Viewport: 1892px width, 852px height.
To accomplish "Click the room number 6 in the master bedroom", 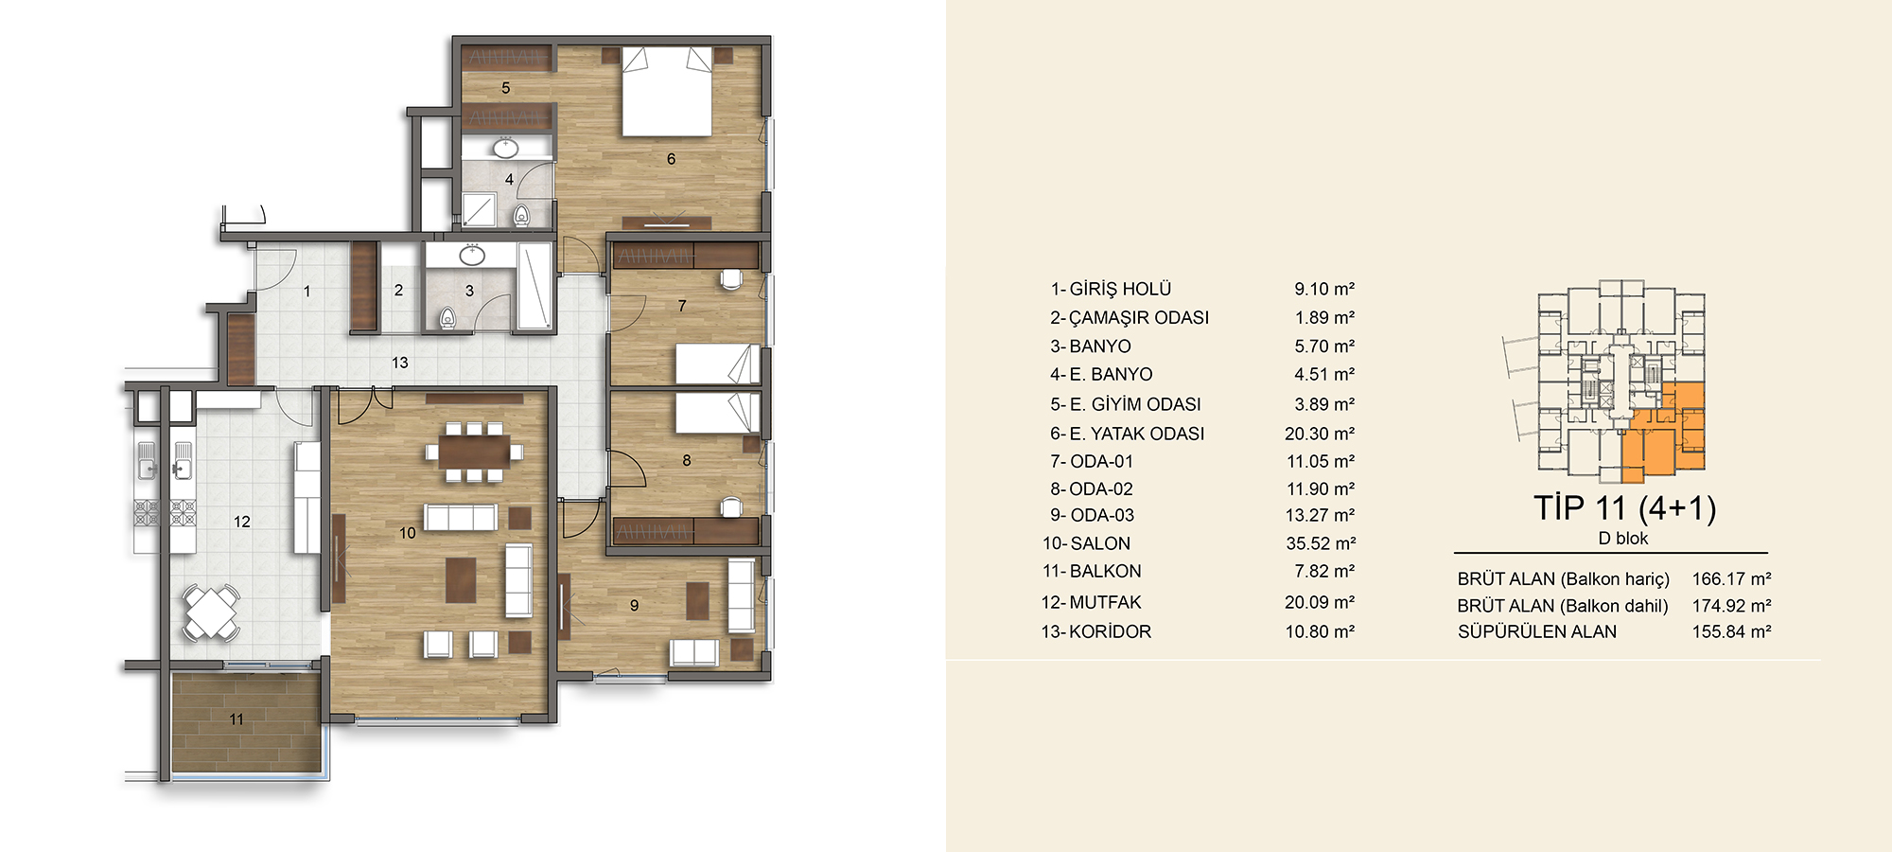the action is [671, 159].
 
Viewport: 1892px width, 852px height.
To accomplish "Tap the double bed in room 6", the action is [667, 91].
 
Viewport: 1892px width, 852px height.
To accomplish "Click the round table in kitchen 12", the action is [211, 612].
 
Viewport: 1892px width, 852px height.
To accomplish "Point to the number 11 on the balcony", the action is [236, 719].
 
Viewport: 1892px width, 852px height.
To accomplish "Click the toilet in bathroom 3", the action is [447, 318].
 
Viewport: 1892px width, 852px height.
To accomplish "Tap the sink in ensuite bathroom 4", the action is [506, 148].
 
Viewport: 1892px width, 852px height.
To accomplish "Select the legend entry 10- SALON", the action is [1086, 543].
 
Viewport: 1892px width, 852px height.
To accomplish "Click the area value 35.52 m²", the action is [1321, 543].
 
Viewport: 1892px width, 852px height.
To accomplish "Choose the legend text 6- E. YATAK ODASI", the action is [1127, 434].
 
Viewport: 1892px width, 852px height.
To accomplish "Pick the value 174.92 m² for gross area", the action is [1731, 606].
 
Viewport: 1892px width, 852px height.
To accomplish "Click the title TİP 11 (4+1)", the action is [1624, 508].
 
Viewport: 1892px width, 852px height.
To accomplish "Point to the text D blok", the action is [1623, 539].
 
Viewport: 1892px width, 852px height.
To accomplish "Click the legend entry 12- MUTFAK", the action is [1091, 602].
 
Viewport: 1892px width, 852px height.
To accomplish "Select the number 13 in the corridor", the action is [400, 363].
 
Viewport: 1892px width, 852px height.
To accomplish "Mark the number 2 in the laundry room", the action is [398, 291].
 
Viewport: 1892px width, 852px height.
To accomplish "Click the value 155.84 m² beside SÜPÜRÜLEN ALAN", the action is [1731, 631].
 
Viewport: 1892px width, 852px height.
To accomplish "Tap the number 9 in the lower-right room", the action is [634, 606].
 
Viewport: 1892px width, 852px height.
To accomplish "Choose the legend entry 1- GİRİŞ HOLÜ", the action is [1111, 289].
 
